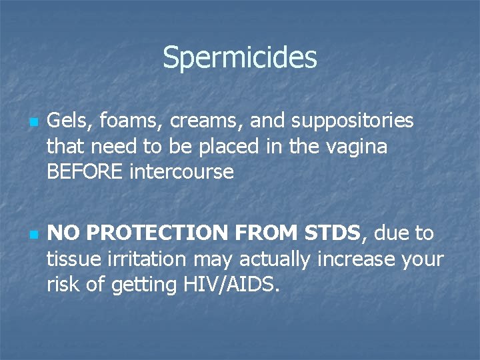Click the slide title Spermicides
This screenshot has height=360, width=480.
tap(239, 57)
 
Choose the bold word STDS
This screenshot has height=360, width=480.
tap(332, 233)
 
